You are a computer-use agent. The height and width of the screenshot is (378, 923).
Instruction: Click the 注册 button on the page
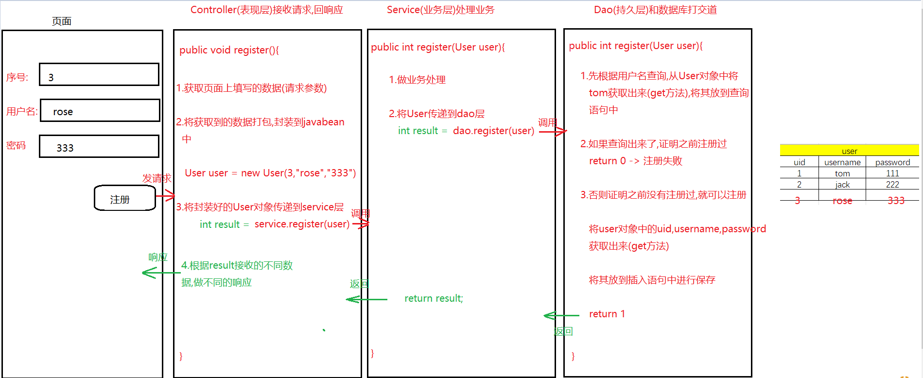click(124, 198)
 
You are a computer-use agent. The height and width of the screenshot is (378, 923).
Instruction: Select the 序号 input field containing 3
click(99, 75)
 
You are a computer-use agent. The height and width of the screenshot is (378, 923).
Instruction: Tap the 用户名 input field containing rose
click(100, 111)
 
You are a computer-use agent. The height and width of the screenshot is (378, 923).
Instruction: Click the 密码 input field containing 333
click(99, 146)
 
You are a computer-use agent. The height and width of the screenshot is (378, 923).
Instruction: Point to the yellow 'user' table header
click(849, 150)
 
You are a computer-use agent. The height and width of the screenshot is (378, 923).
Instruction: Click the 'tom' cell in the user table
click(842, 173)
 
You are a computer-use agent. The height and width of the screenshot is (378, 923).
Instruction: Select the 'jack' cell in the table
click(842, 185)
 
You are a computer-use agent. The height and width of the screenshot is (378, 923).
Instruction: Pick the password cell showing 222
click(892, 185)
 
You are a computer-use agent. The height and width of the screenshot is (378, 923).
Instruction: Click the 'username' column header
click(842, 162)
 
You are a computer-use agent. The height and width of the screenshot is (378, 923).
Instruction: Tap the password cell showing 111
click(892, 173)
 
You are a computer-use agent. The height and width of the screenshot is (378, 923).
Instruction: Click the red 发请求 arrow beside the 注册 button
click(165, 196)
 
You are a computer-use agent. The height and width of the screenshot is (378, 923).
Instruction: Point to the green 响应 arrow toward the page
click(160, 273)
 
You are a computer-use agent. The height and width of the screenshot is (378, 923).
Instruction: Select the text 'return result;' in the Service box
click(434, 298)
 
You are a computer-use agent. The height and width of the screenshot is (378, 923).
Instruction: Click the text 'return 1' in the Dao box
click(607, 314)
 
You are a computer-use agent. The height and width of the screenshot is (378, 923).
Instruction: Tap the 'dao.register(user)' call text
click(493, 131)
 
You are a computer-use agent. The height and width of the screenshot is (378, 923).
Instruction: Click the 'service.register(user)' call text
click(302, 224)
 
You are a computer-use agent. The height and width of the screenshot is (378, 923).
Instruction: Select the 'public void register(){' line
click(229, 50)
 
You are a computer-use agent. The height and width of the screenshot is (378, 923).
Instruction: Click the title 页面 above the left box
click(62, 21)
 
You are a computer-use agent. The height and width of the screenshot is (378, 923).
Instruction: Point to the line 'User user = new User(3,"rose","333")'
click(270, 173)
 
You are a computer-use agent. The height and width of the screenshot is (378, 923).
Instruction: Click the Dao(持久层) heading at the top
click(655, 10)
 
